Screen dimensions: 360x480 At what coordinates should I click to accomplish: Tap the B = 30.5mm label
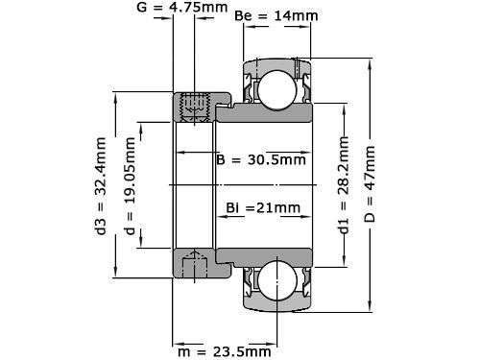tap(261, 159)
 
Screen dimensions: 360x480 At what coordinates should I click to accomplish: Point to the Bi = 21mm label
tap(262, 207)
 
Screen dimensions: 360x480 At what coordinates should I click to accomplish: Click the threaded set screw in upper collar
tap(196, 107)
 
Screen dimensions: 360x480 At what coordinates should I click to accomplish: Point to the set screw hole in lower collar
tap(196, 261)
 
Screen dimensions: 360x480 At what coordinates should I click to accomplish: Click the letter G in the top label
tap(142, 9)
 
